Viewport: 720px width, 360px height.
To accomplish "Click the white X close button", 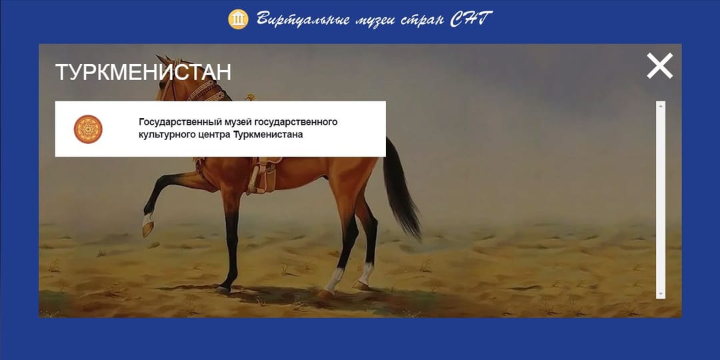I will [x=659, y=66].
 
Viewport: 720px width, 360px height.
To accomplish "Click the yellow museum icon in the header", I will [x=238, y=19].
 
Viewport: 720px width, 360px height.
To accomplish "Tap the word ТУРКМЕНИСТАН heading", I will [x=143, y=72].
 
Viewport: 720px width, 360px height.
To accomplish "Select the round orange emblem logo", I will [x=88, y=129].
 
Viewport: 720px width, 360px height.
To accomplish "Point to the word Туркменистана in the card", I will [x=268, y=135].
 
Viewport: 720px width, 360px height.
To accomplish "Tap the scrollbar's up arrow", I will [x=661, y=105].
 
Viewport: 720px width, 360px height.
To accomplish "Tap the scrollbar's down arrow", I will [x=661, y=294].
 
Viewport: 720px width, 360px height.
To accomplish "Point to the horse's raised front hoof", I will [x=148, y=229].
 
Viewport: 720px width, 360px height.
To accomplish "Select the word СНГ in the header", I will [x=471, y=19].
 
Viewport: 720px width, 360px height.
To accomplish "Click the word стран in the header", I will [x=422, y=19].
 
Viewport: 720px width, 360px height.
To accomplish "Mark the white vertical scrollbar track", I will [x=661, y=200].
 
